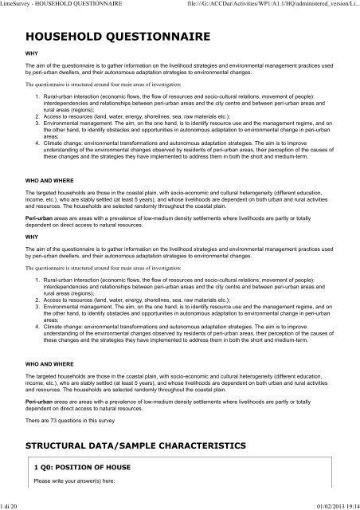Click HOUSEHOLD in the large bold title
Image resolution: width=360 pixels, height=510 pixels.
pyautogui.click(x=64, y=36)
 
